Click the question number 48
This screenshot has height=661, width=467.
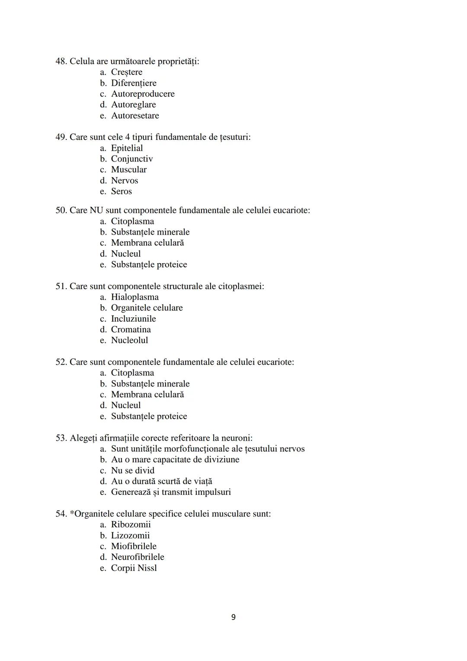coord(61,61)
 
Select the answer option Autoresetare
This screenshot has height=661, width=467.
coord(135,116)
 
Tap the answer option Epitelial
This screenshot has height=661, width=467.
coord(127,148)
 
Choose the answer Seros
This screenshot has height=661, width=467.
coord(121,191)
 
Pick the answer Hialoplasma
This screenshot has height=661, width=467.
coord(134,297)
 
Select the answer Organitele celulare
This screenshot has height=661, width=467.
coord(147,308)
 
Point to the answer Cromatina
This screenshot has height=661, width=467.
coord(131,329)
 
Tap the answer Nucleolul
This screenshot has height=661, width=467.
coord(129,340)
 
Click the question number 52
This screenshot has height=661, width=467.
coord(61,362)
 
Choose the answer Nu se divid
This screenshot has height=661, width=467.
coord(132,471)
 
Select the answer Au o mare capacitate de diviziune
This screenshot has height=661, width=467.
coord(175,460)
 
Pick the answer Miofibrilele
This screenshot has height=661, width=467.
coord(134,546)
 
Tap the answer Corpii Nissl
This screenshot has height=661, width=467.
coord(134,568)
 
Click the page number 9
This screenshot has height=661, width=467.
coord(233,617)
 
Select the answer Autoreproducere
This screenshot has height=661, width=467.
coord(143,94)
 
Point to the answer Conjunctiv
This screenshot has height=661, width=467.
coord(132,159)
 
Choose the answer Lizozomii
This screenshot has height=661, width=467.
coord(130,535)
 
